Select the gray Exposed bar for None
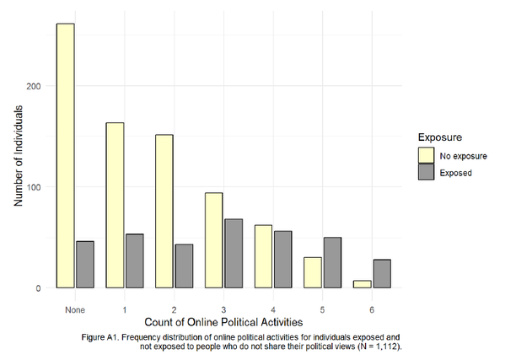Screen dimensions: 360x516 [85, 265]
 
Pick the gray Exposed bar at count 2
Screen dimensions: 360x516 [185, 266]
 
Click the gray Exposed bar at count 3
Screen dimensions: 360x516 [234, 254]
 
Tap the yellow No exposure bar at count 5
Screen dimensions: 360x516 [312, 272]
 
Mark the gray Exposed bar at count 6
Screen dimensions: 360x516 [382, 274]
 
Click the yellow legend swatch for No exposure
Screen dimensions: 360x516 [427, 154]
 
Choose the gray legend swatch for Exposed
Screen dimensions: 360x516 [427, 172]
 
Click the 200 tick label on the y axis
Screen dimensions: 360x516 [40, 86]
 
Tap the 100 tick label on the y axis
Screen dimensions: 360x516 [40, 187]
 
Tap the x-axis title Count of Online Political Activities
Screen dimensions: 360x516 [223, 321]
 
